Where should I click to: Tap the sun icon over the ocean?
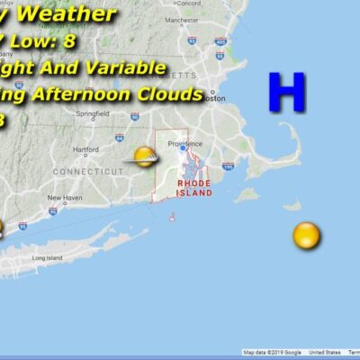click(306, 236)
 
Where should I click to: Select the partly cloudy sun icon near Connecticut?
click(144, 158)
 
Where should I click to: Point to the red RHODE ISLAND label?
click(193, 188)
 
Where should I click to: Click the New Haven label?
click(66, 197)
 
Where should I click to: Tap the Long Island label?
click(47, 258)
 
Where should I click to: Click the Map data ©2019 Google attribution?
click(272, 353)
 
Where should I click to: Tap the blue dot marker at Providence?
click(182, 148)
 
